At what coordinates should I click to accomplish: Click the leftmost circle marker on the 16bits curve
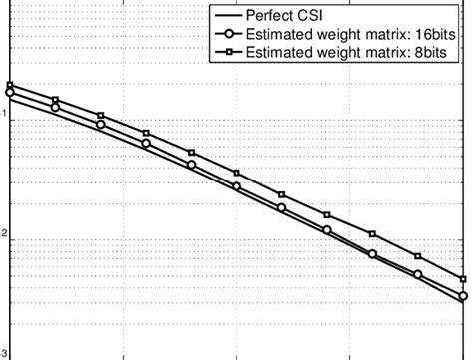(10, 92)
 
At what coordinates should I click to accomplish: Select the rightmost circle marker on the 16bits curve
(463, 296)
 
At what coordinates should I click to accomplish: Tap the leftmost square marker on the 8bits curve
(10, 85)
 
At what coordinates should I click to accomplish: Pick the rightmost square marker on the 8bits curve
(463, 280)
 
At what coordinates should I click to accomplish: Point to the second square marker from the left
(55, 99)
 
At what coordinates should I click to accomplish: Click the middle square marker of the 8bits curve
(236, 174)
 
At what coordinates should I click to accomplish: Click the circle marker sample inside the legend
(228, 33)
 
